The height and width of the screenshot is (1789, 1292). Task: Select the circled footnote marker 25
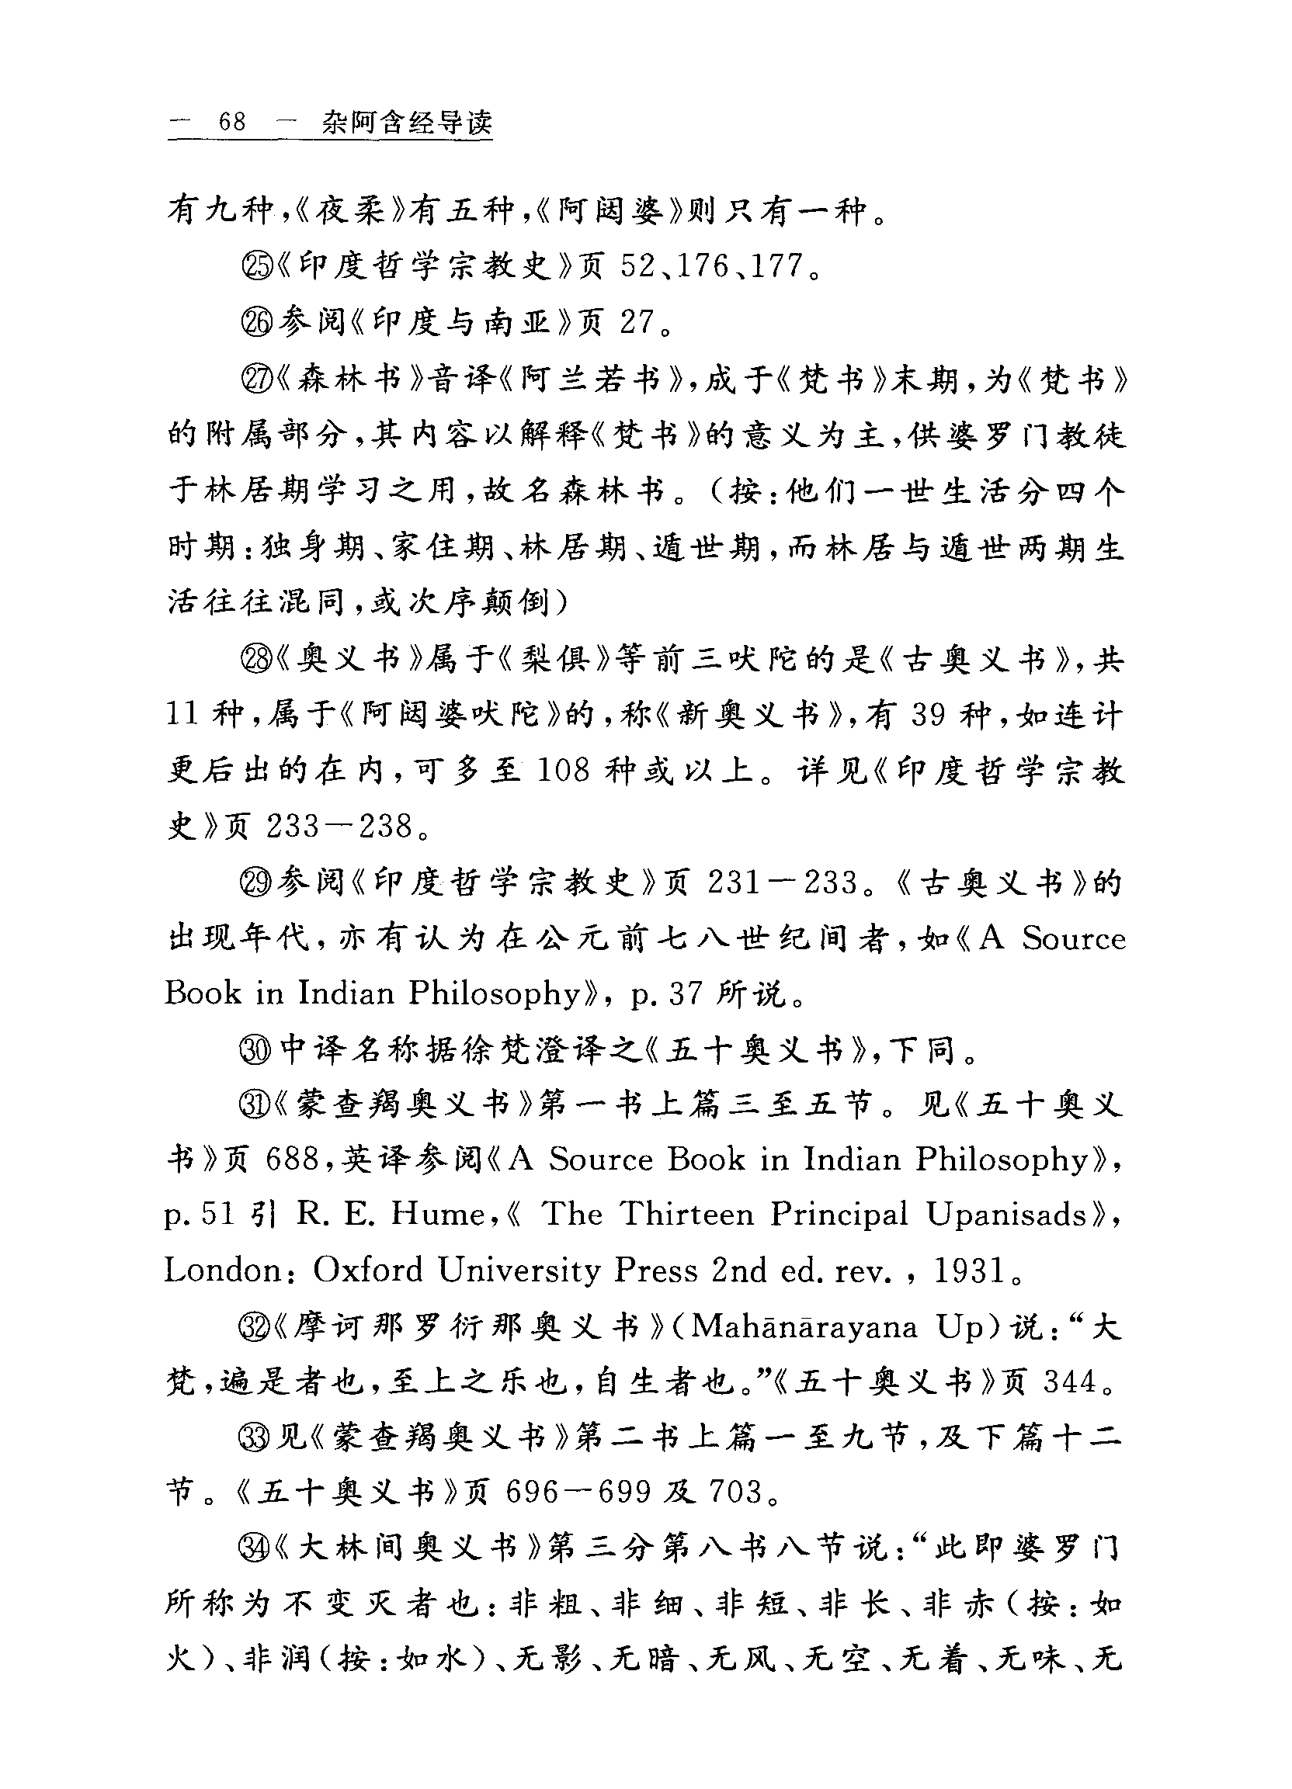(x=255, y=267)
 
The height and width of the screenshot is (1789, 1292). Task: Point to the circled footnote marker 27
(x=255, y=380)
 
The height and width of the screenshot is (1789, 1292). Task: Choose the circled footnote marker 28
(x=255, y=659)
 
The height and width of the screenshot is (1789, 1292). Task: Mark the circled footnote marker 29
(x=255, y=882)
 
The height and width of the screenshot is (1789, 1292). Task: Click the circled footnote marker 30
(x=255, y=1050)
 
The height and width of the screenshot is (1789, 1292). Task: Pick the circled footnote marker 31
(x=255, y=1105)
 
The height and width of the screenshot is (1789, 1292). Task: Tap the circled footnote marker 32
(x=255, y=1328)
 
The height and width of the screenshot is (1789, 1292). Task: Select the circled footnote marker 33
(x=255, y=1440)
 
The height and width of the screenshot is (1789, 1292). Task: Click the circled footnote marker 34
(x=255, y=1550)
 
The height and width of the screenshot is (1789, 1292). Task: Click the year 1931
(x=969, y=1271)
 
